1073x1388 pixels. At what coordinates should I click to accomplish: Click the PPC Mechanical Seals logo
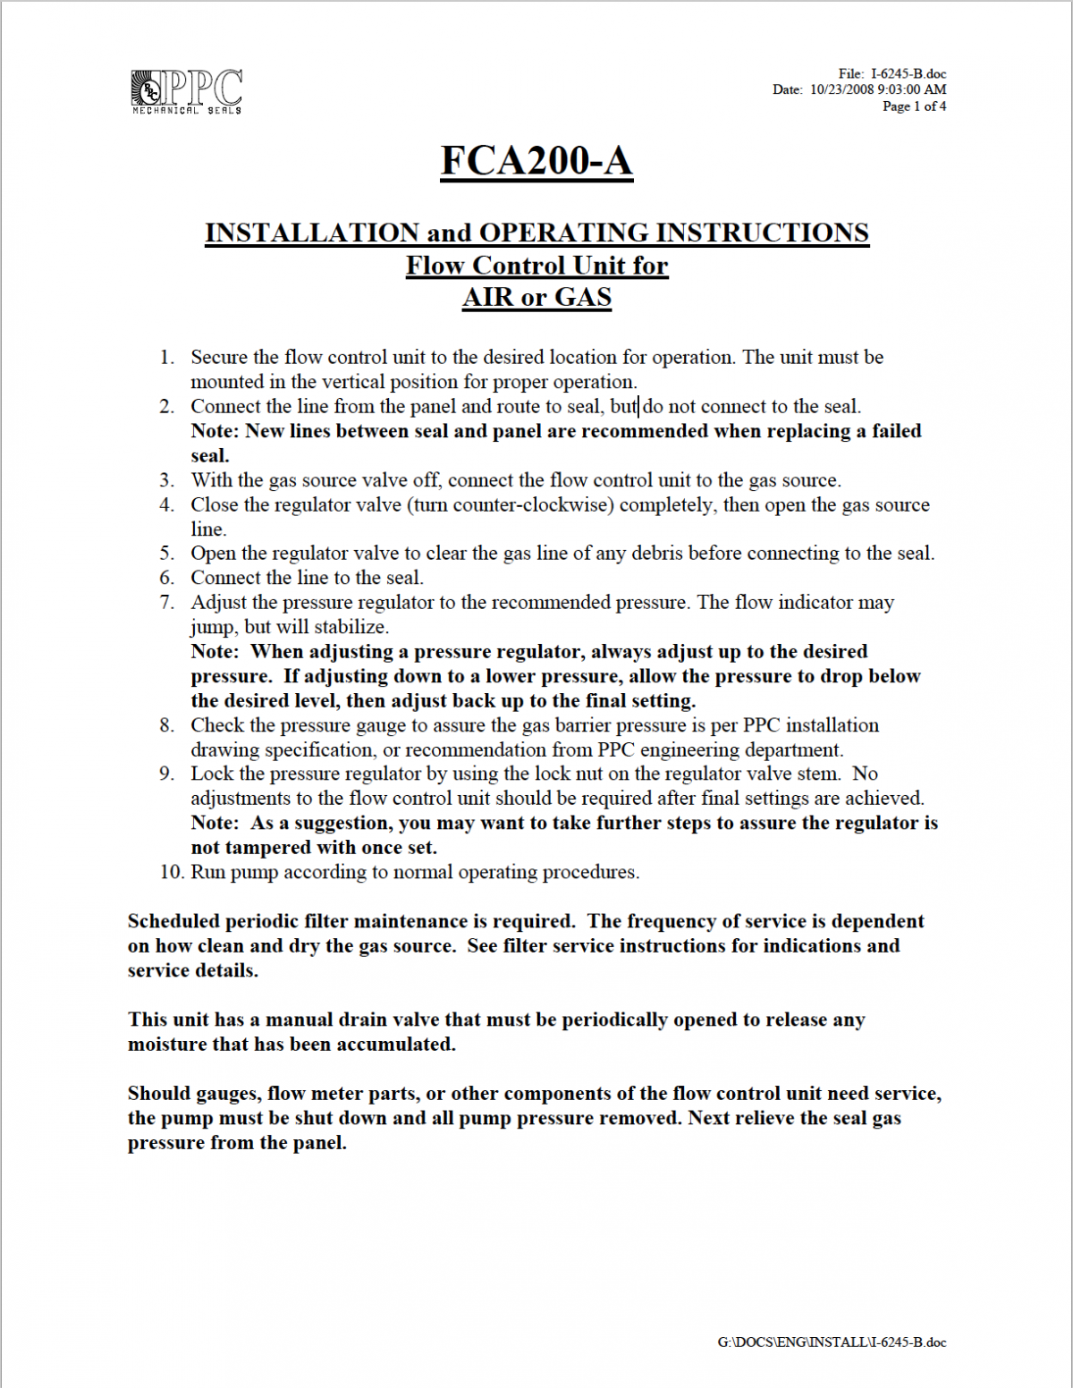pyautogui.click(x=187, y=91)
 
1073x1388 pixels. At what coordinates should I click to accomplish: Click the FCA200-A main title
pyautogui.click(x=536, y=161)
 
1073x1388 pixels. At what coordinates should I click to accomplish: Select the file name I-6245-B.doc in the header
pyautogui.click(x=908, y=73)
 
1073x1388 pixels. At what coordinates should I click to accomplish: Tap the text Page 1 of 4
pyautogui.click(x=914, y=106)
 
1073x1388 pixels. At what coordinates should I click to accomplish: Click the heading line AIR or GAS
pyautogui.click(x=536, y=297)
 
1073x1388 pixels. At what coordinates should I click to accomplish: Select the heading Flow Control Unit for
pyautogui.click(x=536, y=266)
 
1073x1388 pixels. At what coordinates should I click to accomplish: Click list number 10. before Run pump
pyautogui.click(x=172, y=872)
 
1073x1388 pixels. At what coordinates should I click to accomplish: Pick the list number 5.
pyautogui.click(x=167, y=554)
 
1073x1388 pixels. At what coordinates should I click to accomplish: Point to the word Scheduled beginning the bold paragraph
pyautogui.click(x=173, y=921)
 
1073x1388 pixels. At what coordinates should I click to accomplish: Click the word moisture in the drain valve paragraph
pyautogui.click(x=167, y=1044)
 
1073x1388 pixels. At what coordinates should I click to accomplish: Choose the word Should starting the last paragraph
pyautogui.click(x=158, y=1093)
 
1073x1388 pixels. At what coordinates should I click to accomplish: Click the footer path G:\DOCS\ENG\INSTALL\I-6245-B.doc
pyautogui.click(x=832, y=1341)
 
